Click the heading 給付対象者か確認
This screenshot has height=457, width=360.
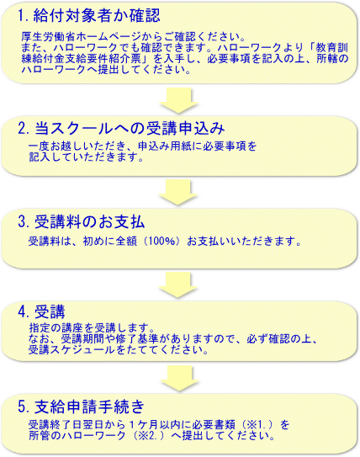click(x=97, y=15)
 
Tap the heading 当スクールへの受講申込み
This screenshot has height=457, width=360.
click(x=130, y=128)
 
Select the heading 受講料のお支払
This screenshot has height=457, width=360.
click(x=89, y=222)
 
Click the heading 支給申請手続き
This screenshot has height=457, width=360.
click(x=89, y=407)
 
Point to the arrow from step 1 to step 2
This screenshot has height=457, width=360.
click(x=179, y=100)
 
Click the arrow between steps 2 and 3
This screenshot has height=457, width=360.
click(x=178, y=193)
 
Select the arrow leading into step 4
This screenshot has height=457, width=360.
click(x=178, y=284)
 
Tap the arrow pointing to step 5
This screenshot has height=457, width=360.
click(x=180, y=378)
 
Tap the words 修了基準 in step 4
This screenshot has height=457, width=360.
click(x=137, y=338)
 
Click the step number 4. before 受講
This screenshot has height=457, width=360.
click(x=24, y=312)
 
